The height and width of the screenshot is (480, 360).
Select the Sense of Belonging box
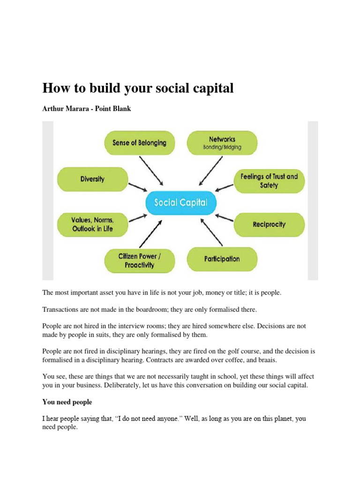pos(139,142)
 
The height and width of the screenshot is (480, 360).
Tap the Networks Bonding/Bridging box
pos(222,143)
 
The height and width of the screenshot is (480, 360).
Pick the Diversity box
pos(92,179)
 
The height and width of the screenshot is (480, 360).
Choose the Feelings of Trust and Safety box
pos(269,181)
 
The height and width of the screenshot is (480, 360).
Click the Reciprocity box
pos(269,225)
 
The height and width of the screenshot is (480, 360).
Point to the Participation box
pos(222,259)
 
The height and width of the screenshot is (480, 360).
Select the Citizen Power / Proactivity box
pos(139,261)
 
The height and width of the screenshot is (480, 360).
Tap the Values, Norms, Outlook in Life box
pos(92,225)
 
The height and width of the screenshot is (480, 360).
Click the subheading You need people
pos(67,402)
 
